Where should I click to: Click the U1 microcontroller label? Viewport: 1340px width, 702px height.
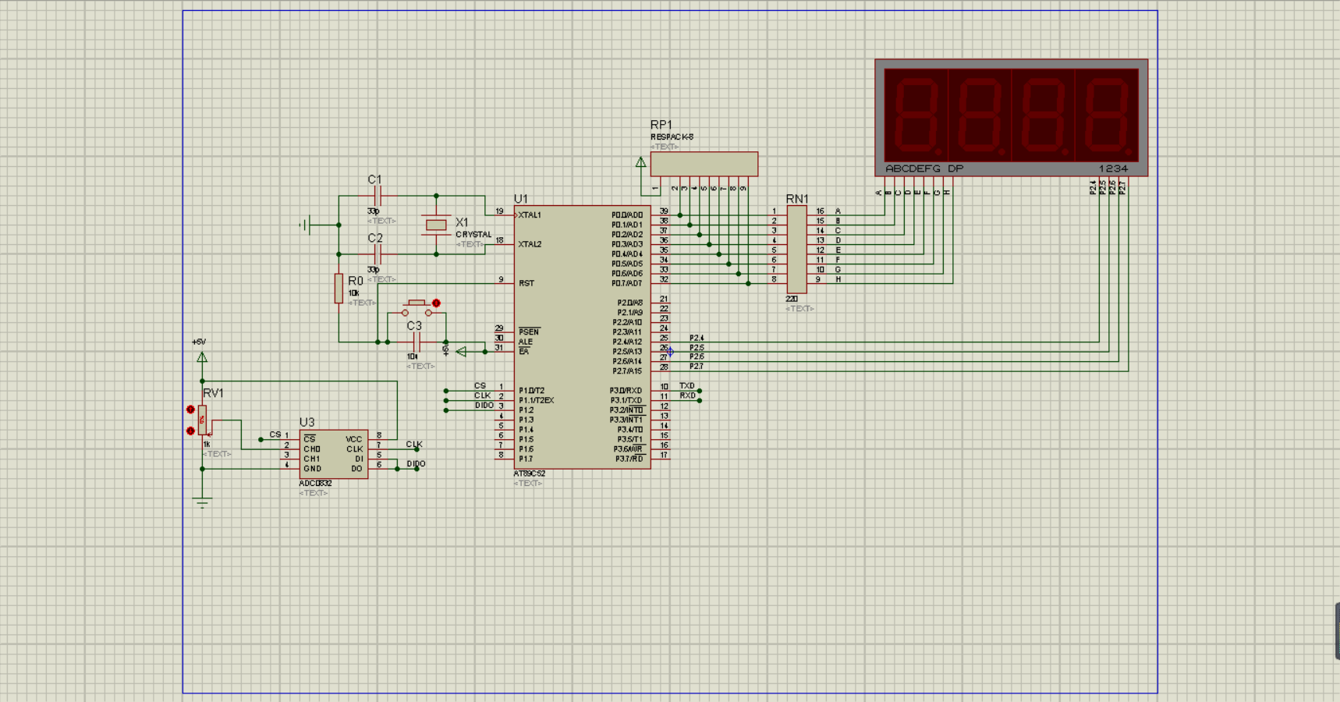(521, 199)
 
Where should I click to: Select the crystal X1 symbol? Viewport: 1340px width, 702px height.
(436, 225)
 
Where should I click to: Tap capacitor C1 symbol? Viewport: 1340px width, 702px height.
(378, 196)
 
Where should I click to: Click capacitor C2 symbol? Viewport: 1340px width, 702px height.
(378, 254)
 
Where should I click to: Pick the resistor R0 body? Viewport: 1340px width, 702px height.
(339, 289)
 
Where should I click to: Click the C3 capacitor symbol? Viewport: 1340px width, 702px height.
(417, 342)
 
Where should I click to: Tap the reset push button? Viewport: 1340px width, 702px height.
(417, 308)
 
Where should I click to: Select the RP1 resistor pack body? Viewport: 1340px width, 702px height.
(704, 164)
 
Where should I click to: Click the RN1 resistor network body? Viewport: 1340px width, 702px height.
(796, 250)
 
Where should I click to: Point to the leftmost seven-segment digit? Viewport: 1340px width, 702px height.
(916, 115)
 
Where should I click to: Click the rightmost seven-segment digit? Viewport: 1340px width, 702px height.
(1107, 115)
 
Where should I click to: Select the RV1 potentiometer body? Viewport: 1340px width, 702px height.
(202, 420)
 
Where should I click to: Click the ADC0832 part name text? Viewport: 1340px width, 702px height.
(315, 484)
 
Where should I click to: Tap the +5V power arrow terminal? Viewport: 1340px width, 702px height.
(202, 357)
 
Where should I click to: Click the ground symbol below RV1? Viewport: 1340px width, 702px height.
(202, 502)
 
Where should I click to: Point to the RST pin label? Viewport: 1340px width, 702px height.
(526, 283)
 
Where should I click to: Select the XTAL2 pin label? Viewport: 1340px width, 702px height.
(530, 244)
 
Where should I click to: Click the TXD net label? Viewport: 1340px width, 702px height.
(686, 386)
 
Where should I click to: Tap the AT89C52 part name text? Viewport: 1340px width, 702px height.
(530, 473)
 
